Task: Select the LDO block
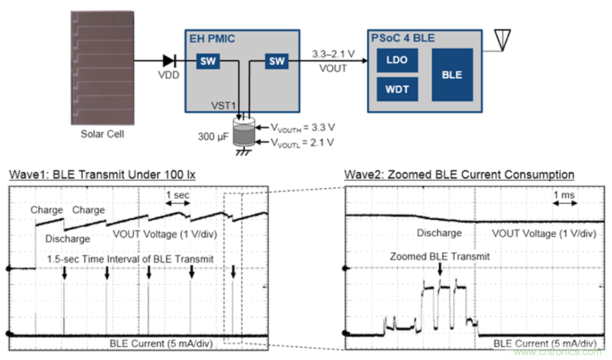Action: [397, 60]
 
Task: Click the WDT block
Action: [397, 89]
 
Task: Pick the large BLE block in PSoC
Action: [452, 75]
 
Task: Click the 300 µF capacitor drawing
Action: [245, 131]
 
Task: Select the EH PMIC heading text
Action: [211, 38]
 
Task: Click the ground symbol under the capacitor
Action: [245, 153]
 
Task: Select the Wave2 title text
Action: [459, 175]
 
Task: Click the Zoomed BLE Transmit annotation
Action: [440, 257]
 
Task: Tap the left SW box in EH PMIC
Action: [208, 61]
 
